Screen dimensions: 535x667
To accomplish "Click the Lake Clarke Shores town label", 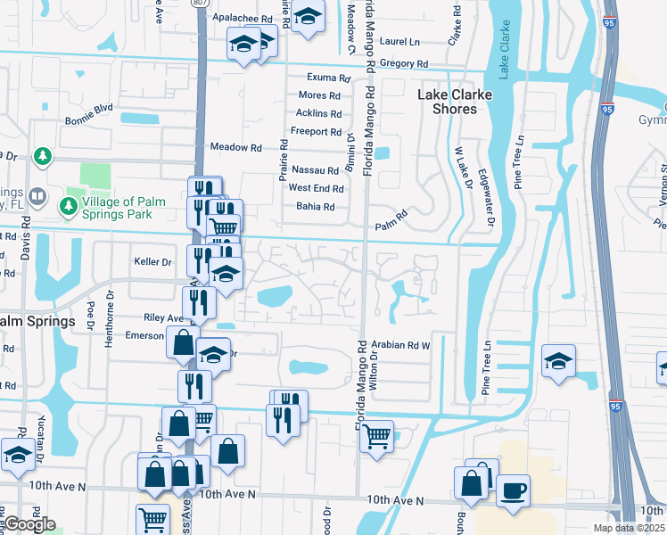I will [x=448, y=101].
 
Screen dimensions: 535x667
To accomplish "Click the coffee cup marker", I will [x=513, y=491].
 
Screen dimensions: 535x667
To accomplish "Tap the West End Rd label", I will [x=316, y=188].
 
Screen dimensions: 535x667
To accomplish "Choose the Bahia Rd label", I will [x=316, y=207].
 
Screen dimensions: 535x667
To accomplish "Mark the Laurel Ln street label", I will [x=401, y=42].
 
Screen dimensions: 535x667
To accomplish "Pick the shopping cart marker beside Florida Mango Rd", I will [x=376, y=437].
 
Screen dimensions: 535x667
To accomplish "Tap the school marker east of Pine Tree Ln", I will [x=558, y=361].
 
